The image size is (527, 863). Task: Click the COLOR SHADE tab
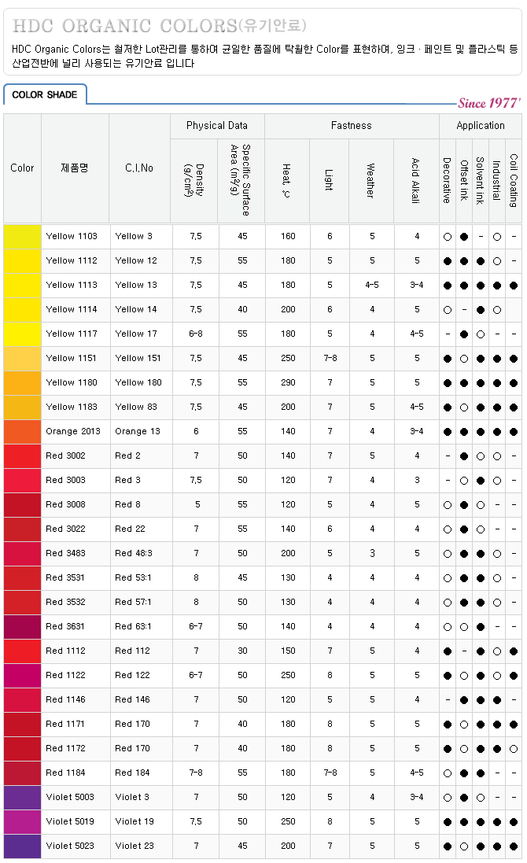(45, 94)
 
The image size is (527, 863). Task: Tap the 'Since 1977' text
(488, 103)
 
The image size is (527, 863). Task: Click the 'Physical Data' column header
(217, 125)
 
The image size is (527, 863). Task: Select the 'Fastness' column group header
(351, 125)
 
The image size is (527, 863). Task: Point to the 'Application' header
(481, 125)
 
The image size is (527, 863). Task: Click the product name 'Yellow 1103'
(72, 236)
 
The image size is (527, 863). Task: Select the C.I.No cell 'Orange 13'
(138, 431)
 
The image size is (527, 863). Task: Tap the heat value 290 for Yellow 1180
(288, 382)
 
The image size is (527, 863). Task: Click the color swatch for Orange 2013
(22, 431)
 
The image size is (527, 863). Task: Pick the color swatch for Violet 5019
(22, 821)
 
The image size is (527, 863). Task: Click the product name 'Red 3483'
(66, 553)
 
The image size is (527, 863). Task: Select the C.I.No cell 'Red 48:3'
(134, 553)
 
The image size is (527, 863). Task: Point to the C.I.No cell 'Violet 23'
(135, 846)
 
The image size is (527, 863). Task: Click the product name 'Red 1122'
(66, 675)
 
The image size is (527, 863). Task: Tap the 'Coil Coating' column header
(513, 179)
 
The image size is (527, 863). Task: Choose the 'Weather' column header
(371, 179)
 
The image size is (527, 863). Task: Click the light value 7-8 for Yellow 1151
(330, 358)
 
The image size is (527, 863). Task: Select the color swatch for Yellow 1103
(22, 236)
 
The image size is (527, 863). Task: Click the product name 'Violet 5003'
(70, 797)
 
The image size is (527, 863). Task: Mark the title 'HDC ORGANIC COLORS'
(123, 25)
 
